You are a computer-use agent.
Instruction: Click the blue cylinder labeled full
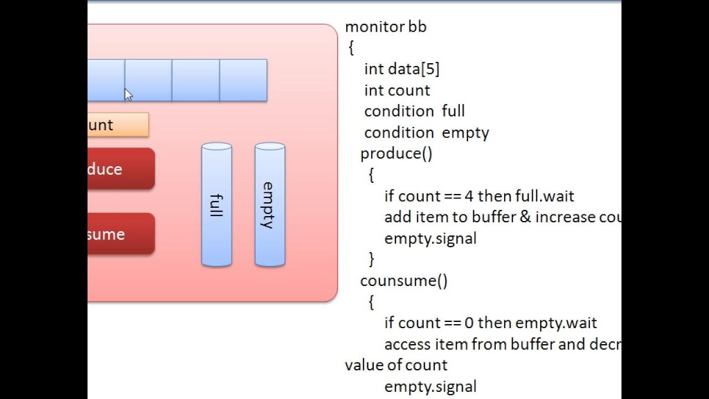[217, 205]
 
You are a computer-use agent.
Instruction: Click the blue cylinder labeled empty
[270, 205]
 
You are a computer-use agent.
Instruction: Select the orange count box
[117, 125]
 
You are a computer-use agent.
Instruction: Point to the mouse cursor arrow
[128, 95]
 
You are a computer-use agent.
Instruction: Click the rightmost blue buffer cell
[243, 80]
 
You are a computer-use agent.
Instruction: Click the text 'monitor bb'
[386, 27]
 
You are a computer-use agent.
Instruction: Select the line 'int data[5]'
[402, 69]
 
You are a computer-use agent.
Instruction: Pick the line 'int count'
[397, 90]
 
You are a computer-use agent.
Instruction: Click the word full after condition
[453, 111]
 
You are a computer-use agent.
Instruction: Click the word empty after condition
[465, 133]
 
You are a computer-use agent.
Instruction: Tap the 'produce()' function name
[396, 154]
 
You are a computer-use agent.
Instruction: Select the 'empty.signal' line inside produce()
[430, 239]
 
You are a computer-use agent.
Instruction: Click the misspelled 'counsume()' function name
[404, 281]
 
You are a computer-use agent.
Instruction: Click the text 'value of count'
[395, 365]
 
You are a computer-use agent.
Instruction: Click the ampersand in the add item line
[525, 217]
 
